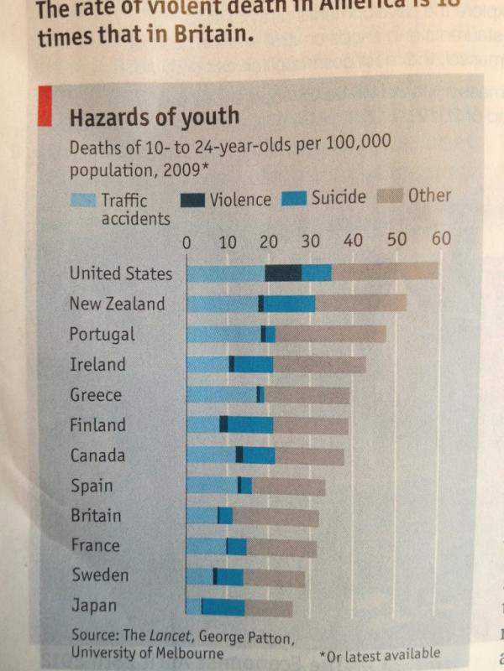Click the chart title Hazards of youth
pyautogui.click(x=154, y=117)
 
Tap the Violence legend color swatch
pyautogui.click(x=192, y=200)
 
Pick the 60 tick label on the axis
pyautogui.click(x=441, y=240)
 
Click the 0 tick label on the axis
pyautogui.click(x=189, y=243)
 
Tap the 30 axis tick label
pyautogui.click(x=310, y=242)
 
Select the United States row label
pyautogui.click(x=120, y=273)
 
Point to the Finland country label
pyautogui.click(x=97, y=425)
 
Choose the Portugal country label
pyautogui.click(x=102, y=335)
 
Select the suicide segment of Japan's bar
pyautogui.click(x=223, y=606)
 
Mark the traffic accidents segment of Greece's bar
pyautogui.click(x=222, y=394)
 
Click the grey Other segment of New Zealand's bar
pyautogui.click(x=360, y=304)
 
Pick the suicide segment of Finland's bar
pyautogui.click(x=250, y=425)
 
